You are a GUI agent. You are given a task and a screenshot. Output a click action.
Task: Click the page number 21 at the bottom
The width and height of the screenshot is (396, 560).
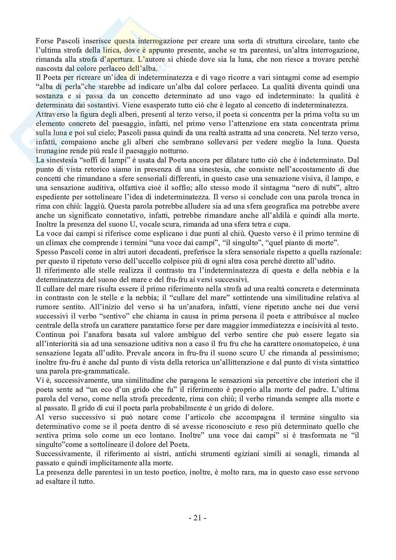pos(198,518)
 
